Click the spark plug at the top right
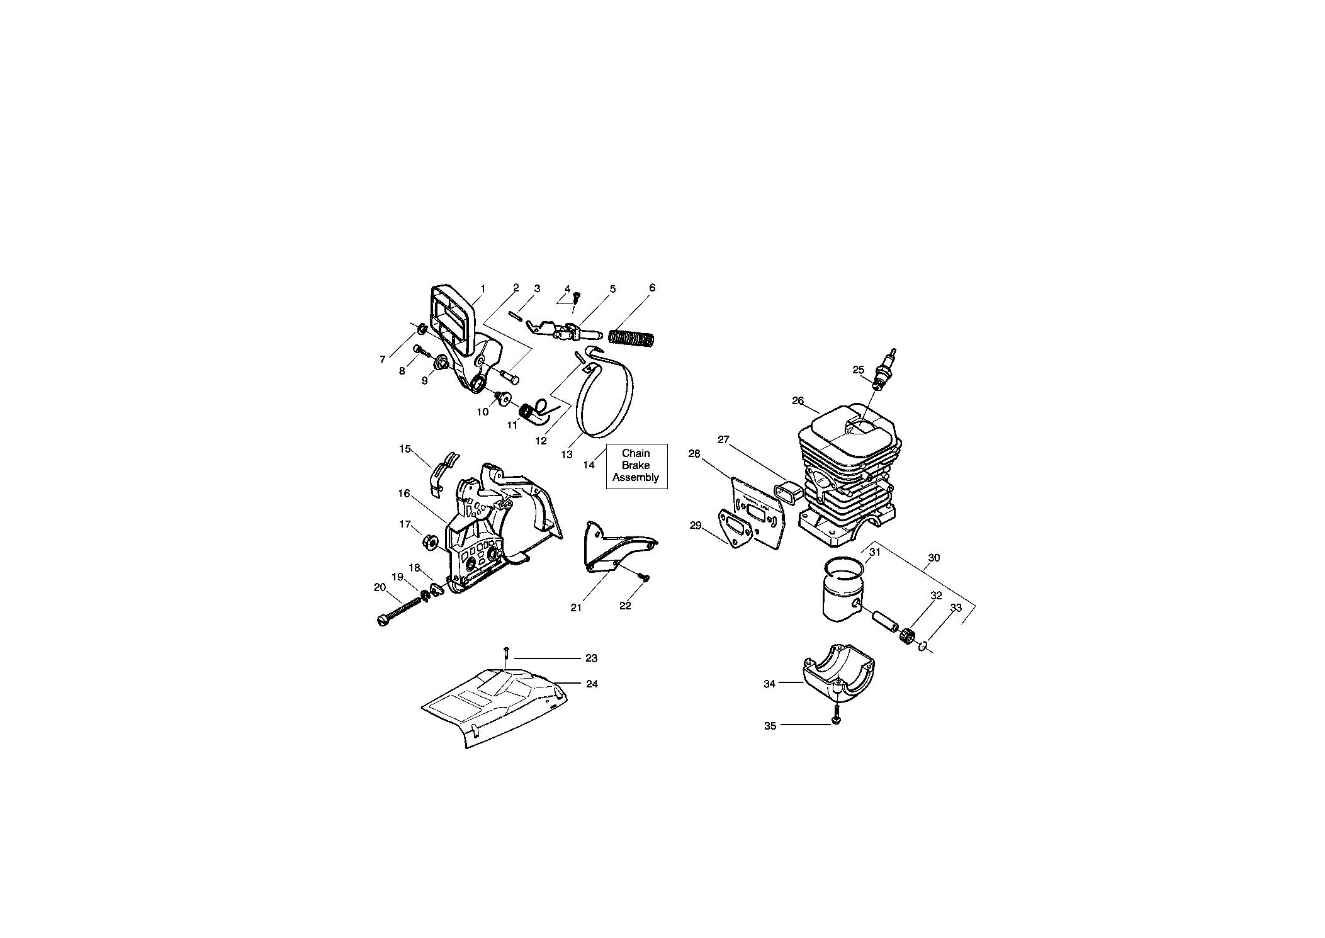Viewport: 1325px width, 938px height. [884, 368]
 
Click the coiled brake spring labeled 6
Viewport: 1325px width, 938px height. [633, 339]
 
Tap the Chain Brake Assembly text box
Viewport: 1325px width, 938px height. [636, 465]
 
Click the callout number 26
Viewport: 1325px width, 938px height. [798, 400]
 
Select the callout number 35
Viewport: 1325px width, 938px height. [770, 726]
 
